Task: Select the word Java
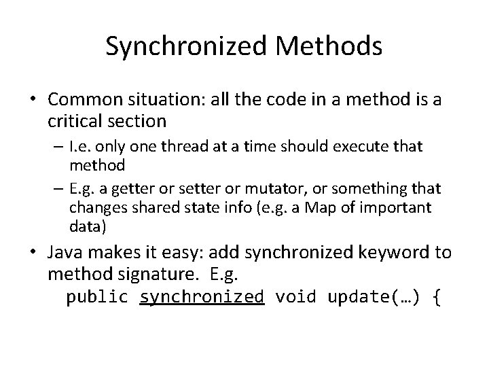click(65, 253)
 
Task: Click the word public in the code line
click(98, 297)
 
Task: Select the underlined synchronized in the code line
click(201, 297)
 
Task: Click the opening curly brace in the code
click(436, 297)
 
